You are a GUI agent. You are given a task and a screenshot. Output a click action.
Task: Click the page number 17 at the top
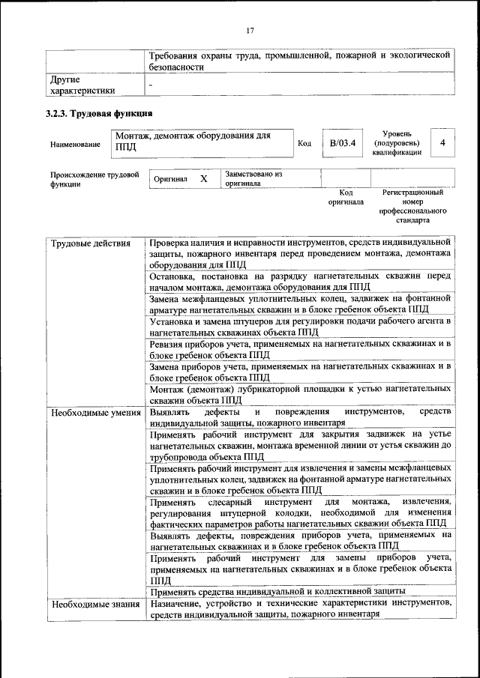tap(250, 30)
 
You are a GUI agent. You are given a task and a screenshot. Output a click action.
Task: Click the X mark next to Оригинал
tap(203, 179)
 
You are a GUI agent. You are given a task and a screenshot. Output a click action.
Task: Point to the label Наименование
tap(74, 144)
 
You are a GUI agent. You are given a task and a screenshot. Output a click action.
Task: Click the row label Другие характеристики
tap(82, 85)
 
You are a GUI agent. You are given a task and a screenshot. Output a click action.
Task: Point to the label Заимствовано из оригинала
tap(253, 178)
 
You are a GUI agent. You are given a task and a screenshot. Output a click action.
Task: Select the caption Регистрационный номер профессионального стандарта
tap(412, 207)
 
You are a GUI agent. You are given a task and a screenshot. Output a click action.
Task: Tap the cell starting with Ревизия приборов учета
tap(299, 348)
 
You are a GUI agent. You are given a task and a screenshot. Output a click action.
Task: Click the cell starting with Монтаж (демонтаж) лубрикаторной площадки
tap(299, 395)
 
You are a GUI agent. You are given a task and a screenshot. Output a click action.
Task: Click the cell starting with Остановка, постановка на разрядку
tap(299, 281)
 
